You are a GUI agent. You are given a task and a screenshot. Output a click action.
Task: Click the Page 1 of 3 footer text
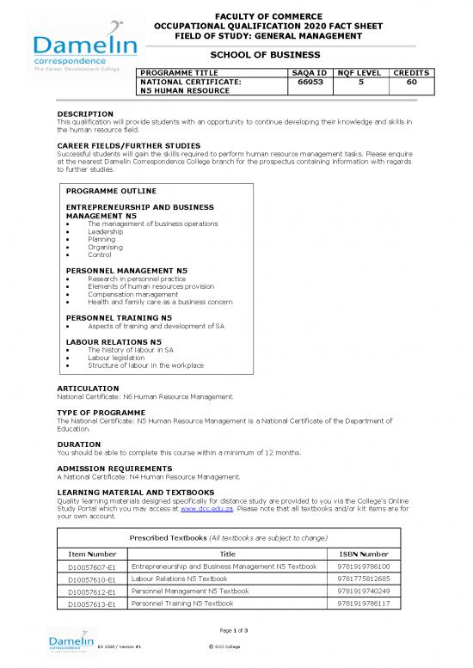236,631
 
